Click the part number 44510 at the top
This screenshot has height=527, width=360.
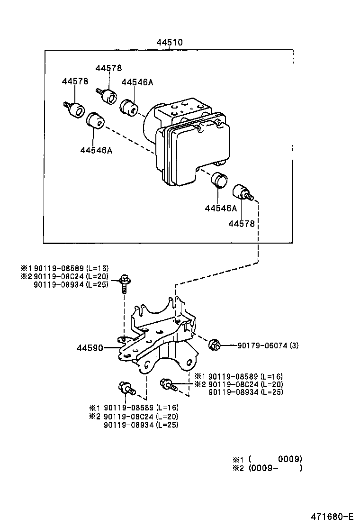coord(170,42)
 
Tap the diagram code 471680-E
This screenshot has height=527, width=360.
coord(331,516)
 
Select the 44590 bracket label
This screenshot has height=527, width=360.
coord(90,348)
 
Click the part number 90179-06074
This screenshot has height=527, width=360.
coord(262,345)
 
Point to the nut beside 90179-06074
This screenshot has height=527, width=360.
coord(214,345)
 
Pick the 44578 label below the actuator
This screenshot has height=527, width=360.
coord(242,224)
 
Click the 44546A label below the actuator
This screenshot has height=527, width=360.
coord(221,209)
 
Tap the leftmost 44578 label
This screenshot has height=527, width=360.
coord(75,81)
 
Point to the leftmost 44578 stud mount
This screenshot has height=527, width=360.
coord(74,109)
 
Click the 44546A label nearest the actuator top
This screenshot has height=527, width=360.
coord(137,82)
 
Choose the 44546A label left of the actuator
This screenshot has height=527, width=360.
coord(96,150)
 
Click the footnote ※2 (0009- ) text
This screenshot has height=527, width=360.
coord(267,468)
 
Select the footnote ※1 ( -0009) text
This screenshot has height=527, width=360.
coord(267,459)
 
